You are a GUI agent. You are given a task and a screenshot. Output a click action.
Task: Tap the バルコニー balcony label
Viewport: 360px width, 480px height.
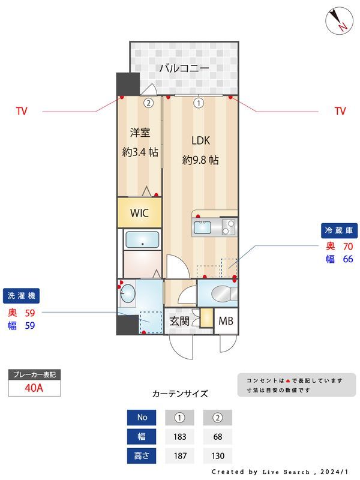pyautogui.click(x=184, y=68)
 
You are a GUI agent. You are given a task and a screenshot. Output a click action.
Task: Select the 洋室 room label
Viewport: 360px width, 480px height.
pyautogui.click(x=140, y=132)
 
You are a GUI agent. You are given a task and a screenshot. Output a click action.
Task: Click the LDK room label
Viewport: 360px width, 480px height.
pyautogui.click(x=200, y=141)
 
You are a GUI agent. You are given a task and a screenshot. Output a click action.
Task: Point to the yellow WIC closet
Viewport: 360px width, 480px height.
pyautogui.click(x=139, y=213)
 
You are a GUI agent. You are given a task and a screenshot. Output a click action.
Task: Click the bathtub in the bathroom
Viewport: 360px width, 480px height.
pyautogui.click(x=142, y=241)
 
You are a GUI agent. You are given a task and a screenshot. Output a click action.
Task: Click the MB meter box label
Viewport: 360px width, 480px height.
pyautogui.click(x=226, y=320)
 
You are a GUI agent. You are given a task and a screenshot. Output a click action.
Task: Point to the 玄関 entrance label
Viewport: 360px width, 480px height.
pyautogui.click(x=179, y=321)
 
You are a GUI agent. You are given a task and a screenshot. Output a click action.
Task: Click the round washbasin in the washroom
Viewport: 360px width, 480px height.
pyautogui.click(x=127, y=295)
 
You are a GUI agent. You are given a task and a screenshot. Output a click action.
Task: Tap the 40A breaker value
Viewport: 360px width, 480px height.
pyautogui.click(x=34, y=388)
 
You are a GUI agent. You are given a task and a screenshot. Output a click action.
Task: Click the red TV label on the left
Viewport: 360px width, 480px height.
pyautogui.click(x=22, y=111)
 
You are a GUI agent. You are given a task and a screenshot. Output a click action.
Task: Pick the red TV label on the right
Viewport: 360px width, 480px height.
pyautogui.click(x=340, y=111)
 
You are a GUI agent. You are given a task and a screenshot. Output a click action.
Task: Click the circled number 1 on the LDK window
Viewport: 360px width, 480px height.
pyautogui.click(x=199, y=103)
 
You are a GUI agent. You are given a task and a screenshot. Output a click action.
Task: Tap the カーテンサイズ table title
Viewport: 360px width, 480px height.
pyautogui.click(x=180, y=394)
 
